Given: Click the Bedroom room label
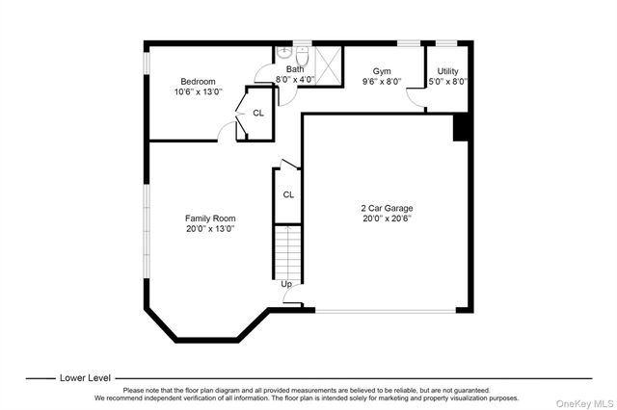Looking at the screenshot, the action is click(x=198, y=81).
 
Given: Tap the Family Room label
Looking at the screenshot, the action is click(x=210, y=218).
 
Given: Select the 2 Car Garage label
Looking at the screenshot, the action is click(x=387, y=208).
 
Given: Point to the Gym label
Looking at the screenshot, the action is click(x=382, y=71).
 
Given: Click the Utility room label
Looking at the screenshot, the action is click(x=447, y=71).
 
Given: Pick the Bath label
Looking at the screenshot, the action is click(x=295, y=69).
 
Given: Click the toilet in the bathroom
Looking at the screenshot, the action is click(x=302, y=56).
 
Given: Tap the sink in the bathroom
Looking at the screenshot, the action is click(x=283, y=52).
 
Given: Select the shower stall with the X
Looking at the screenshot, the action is click(x=328, y=65).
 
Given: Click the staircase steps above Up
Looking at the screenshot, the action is click(x=287, y=252).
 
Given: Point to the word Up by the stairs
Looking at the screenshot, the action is click(x=286, y=284).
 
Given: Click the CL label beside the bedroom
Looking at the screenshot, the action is click(x=258, y=114).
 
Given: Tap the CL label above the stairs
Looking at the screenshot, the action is click(x=288, y=194).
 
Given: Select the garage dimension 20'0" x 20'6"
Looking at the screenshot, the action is click(x=387, y=218).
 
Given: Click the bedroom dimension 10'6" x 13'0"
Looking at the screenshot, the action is click(x=199, y=91).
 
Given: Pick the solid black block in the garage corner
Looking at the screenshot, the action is click(x=461, y=127).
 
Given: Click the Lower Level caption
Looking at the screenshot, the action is click(x=85, y=378).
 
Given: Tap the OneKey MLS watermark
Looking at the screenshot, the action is click(x=585, y=403).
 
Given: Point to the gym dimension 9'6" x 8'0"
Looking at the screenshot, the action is click(x=382, y=82).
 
